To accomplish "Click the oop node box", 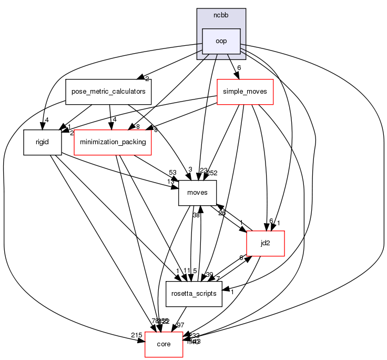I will (x=221, y=41).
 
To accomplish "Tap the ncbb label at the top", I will (x=221, y=14).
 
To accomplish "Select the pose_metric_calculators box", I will (x=108, y=92).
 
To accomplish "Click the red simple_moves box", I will (x=245, y=92).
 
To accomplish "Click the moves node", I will (x=198, y=193).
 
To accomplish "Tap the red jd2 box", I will (x=266, y=243).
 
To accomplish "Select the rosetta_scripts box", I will (x=194, y=294).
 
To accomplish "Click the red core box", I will (x=164, y=344).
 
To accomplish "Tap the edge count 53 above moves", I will (x=172, y=173).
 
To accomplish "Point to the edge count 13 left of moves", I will (x=171, y=182).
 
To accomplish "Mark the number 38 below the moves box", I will (x=196, y=215).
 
